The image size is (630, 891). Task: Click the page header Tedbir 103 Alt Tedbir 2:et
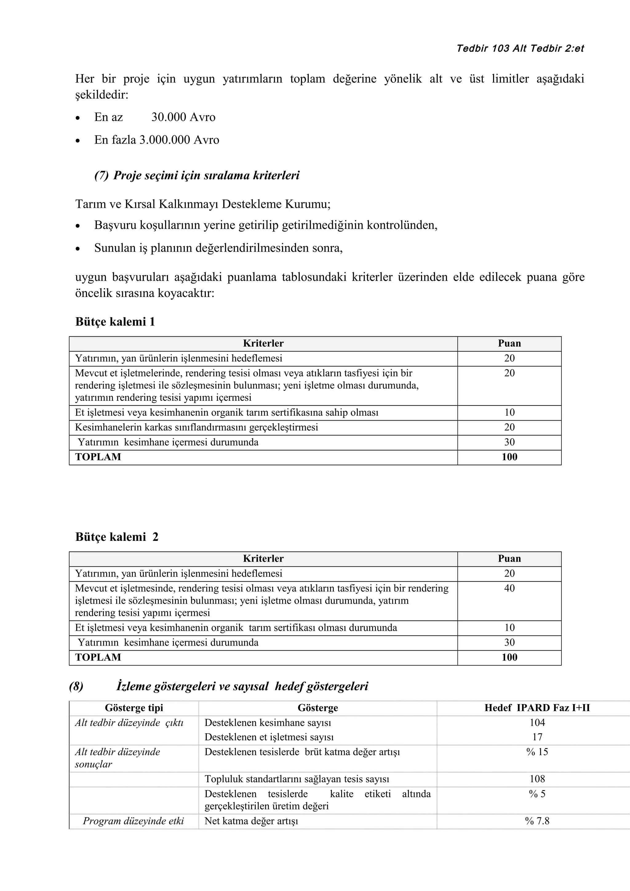point(520,49)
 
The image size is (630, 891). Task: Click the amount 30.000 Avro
point(183,117)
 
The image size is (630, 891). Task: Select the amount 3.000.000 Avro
point(179,140)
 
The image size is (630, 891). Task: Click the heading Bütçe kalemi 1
point(115,322)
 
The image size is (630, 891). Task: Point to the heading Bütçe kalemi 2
point(117,537)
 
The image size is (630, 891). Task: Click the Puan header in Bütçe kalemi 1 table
point(509,343)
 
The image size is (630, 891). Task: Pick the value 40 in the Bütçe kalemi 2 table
point(509,588)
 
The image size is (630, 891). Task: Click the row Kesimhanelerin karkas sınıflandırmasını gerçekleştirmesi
point(197,428)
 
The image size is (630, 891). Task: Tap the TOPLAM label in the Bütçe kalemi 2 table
point(98,657)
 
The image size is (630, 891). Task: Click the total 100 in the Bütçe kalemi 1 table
point(509,457)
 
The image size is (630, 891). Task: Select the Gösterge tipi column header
point(134,708)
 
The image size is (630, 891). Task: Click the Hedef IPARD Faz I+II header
point(537,708)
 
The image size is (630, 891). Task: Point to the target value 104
point(537,723)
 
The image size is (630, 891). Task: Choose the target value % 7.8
point(537,821)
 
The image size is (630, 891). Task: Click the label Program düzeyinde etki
point(133,821)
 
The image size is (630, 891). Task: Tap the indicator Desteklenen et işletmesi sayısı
point(269,737)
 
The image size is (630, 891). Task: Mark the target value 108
point(537,779)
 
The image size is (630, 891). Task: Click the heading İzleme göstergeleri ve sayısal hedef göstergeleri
point(242,687)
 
